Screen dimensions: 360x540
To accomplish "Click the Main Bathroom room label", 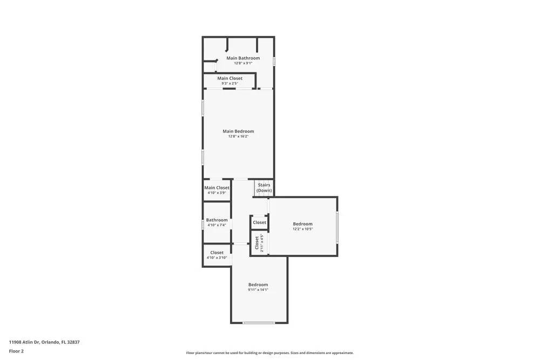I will click(243, 58).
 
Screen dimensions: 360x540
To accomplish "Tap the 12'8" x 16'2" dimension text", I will click(238, 137).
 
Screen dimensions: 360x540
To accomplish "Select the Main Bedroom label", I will click(238, 131).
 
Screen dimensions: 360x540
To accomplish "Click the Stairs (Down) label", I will click(264, 188).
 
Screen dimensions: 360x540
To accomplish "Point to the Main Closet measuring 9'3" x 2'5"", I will click(230, 78).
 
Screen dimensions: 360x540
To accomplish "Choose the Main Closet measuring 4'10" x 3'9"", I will click(217, 188).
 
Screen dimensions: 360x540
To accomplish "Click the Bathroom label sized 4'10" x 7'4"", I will click(217, 220).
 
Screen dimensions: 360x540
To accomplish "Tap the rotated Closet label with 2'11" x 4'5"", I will click(257, 243).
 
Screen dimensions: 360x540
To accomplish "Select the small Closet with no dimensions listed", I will click(259, 222).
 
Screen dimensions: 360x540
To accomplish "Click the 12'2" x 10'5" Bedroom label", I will click(302, 224).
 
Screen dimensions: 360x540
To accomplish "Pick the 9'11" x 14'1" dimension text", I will click(258, 290).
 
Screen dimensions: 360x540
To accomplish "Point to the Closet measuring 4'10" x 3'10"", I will click(217, 253).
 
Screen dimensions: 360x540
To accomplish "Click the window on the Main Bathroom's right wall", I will click(274, 62).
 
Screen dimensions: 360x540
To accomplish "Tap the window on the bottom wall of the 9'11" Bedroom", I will click(259, 323).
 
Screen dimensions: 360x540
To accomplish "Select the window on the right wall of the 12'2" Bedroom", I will click(337, 227).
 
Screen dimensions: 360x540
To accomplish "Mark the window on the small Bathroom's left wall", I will click(203, 223).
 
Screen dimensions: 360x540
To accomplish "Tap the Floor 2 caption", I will click(16, 351).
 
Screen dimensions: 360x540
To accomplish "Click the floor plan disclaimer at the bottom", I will click(269, 353).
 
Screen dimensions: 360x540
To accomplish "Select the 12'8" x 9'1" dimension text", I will click(243, 63).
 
